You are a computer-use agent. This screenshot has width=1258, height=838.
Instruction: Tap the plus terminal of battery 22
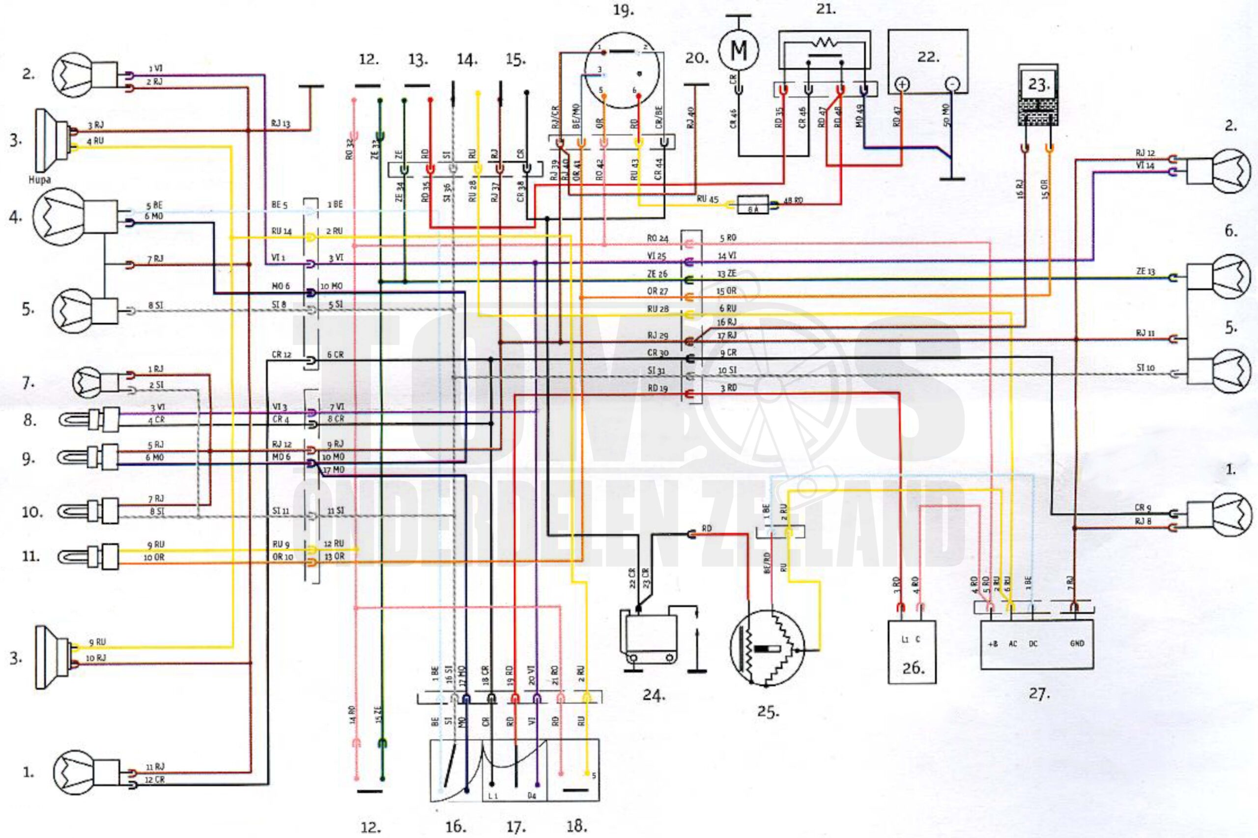pos(902,84)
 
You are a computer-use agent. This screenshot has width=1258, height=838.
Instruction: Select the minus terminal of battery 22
pos(952,84)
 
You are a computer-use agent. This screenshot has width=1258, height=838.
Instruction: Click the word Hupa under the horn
pos(40,180)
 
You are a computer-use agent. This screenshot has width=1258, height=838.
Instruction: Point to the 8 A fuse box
pos(752,204)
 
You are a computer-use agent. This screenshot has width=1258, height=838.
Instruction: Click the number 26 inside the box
pos(913,668)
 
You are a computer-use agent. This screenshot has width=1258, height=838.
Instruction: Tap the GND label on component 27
pos(1077,644)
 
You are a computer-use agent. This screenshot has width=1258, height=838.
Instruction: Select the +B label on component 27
pos(993,644)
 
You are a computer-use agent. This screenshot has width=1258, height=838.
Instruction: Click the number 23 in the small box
pos(1038,85)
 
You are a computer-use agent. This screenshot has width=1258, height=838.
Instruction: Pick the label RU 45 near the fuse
pos(707,199)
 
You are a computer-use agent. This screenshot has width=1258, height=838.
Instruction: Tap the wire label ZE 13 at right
pos(1145,271)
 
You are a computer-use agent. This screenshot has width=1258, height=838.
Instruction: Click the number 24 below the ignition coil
pos(654,695)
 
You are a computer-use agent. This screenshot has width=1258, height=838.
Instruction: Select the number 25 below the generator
pos(768,712)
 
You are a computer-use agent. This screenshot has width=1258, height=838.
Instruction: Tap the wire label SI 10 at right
pos(1145,368)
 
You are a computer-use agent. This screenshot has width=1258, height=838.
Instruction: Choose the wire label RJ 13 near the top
pos(280,123)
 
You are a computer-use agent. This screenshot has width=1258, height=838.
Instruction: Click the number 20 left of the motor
pos(696,58)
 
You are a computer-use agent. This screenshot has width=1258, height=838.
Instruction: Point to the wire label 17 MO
pos(333,470)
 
